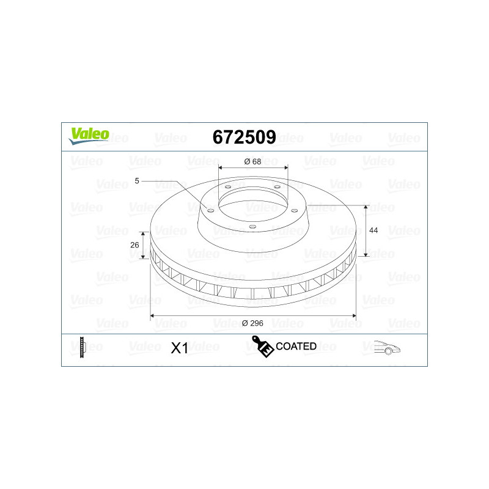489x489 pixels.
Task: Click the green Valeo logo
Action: [x=89, y=136]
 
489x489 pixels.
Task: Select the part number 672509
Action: [x=244, y=137]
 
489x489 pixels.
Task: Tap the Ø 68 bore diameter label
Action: [x=252, y=161]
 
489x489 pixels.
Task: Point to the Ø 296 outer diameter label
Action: [x=252, y=323]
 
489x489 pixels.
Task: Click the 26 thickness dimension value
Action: [x=134, y=245]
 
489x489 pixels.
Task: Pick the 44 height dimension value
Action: [x=373, y=230]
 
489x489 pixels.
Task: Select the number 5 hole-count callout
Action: [x=137, y=181]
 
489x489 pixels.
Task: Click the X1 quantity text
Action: [x=180, y=348]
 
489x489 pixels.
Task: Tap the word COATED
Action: [x=296, y=346]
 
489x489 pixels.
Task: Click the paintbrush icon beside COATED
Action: [x=263, y=346]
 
